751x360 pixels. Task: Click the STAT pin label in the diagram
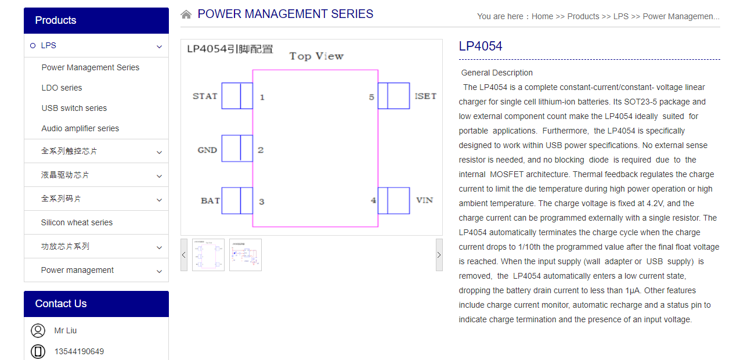tap(205, 96)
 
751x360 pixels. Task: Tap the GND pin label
tap(207, 150)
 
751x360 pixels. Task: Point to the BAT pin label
tap(210, 201)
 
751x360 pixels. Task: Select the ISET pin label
tap(425, 96)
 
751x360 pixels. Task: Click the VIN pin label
tap(424, 200)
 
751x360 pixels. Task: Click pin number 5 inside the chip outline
tap(371, 97)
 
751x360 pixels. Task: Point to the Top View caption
tap(316, 56)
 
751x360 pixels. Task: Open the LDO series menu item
tap(62, 88)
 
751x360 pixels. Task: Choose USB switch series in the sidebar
tap(74, 108)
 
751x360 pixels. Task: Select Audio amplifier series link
tap(80, 128)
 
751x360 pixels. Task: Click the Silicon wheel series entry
tap(77, 222)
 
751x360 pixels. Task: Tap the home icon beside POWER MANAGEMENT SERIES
tap(186, 15)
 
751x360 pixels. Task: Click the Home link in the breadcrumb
tap(542, 16)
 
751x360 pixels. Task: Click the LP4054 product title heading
tap(481, 46)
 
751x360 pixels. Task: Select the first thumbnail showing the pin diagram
tap(208, 255)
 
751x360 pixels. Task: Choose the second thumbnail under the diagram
tap(245, 255)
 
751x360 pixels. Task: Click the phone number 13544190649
tap(79, 351)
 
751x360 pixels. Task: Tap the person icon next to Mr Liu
tap(38, 330)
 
